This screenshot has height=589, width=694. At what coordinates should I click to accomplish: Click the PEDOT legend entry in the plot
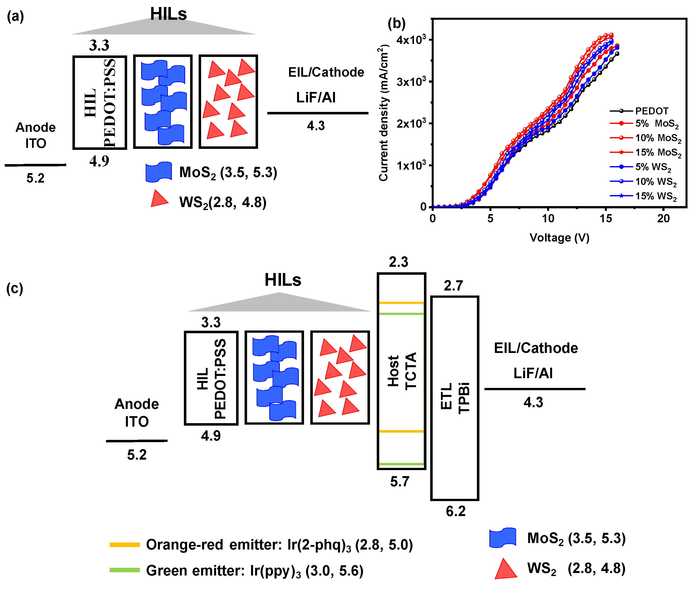pyautogui.click(x=651, y=111)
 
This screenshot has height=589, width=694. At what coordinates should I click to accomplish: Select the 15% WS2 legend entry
pyautogui.click(x=656, y=196)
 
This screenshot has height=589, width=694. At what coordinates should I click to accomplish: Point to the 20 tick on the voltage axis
pyautogui.click(x=663, y=218)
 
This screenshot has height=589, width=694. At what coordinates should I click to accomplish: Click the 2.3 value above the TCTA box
pyautogui.click(x=398, y=262)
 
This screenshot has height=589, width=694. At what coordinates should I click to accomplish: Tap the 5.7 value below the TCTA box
pyautogui.click(x=400, y=482)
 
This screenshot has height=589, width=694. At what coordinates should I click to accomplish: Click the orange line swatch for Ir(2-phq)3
pyautogui.click(x=125, y=545)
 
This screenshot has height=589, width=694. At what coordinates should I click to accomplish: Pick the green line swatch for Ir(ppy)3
pyautogui.click(x=125, y=570)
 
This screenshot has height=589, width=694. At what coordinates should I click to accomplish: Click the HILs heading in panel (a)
pyautogui.click(x=168, y=14)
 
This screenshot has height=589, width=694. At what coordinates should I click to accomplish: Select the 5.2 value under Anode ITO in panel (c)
pyautogui.click(x=137, y=455)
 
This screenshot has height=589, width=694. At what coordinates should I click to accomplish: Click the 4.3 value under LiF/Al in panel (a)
pyautogui.click(x=316, y=126)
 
